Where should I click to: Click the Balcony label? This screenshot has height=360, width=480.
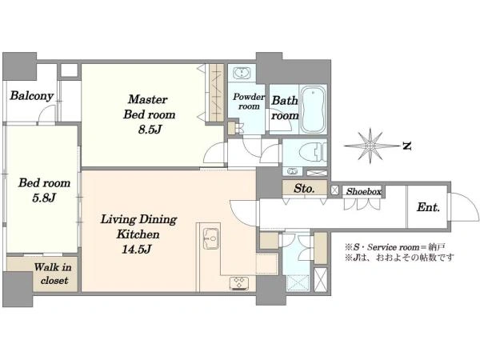click(x=31, y=95)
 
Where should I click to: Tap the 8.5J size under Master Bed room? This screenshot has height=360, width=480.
click(x=150, y=130)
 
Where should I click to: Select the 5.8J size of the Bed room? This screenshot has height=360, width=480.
click(x=44, y=198)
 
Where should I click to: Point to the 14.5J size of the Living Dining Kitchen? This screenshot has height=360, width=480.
click(x=137, y=250)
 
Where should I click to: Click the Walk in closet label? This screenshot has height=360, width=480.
click(x=53, y=274)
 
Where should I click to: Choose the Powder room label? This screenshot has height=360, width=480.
click(x=249, y=102)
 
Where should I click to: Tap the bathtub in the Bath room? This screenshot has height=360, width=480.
click(x=313, y=110)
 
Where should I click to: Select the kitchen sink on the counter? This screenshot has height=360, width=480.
click(x=211, y=238)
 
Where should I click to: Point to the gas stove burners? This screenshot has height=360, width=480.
click(x=239, y=283)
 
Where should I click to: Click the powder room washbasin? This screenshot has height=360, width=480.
click(x=242, y=73)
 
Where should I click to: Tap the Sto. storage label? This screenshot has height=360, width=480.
click(x=304, y=188)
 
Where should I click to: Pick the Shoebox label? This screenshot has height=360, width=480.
click(x=364, y=192)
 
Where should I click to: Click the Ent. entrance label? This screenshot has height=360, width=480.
click(x=428, y=207)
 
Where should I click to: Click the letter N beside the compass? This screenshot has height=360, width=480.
click(x=406, y=146)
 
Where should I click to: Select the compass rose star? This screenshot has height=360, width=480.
click(x=370, y=146)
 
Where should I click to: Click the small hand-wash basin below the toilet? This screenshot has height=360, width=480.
click(x=292, y=171)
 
